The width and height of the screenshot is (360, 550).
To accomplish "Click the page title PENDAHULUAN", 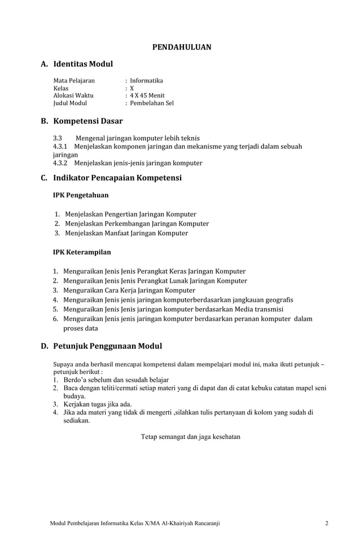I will pos(182,47).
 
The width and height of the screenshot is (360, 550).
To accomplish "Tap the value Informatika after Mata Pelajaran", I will pos(146,81).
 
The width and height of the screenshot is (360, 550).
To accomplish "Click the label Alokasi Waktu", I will pos(73,96).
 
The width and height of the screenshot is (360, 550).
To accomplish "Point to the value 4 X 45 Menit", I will pos(147,96).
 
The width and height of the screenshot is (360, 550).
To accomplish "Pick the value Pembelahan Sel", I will pos(151,103).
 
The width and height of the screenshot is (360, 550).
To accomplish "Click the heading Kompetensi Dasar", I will pos(87,121).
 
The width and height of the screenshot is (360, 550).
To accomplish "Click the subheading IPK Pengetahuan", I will pos(81,195).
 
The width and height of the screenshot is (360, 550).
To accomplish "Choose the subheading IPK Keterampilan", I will pos(82,252).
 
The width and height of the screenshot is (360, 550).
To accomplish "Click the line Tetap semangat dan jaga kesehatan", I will pos(191,436).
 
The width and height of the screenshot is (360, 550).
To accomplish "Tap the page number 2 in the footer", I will pos(327,523).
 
